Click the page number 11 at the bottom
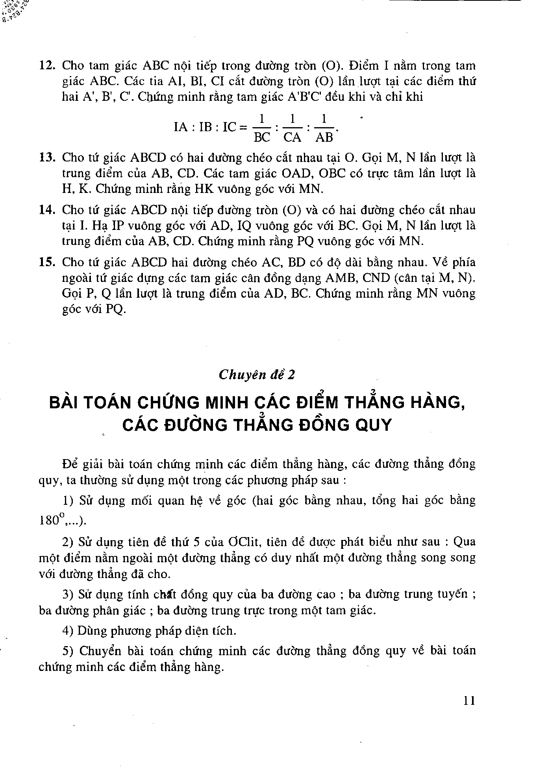tap(469, 701)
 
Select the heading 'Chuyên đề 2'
tap(257, 374)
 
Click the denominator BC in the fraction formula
tap(262, 137)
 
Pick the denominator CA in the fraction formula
tap(293, 137)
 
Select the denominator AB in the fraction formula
tap(324, 137)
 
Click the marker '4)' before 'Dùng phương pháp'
tap(68, 631)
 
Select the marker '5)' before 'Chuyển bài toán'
tap(68, 651)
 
